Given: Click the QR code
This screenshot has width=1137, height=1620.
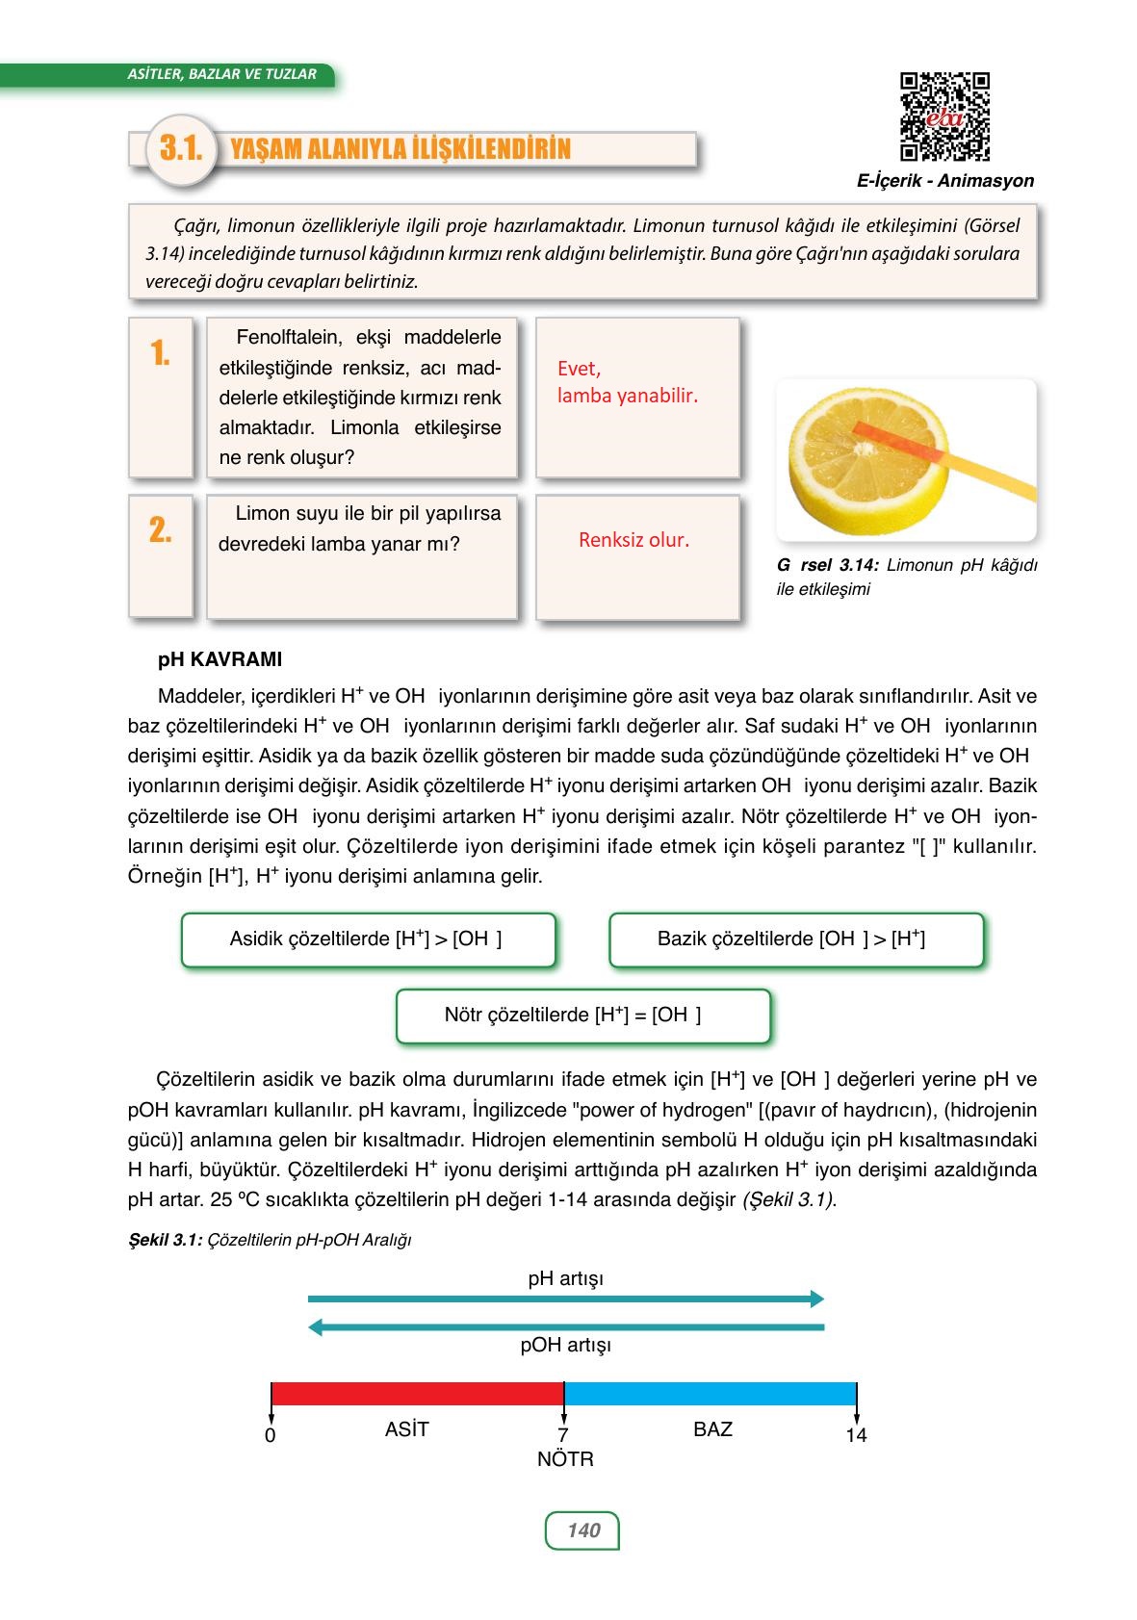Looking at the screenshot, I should pos(944,116).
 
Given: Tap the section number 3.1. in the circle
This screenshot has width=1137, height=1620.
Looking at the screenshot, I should pos(180,149).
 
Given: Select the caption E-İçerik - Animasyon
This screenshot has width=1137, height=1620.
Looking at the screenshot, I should pos(944,181).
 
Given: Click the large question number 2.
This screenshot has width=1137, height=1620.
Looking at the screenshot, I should pos(160,529).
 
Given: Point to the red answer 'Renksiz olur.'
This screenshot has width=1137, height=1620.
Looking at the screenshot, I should pos(633,540).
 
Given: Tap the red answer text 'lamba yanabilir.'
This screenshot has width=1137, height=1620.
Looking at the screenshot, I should pos(627,396).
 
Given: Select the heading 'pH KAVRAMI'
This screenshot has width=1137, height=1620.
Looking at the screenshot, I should pos(220,660).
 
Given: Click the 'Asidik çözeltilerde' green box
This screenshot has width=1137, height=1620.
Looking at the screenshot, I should pos(368,939).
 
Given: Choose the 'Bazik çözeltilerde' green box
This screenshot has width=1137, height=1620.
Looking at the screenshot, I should pos(795,939).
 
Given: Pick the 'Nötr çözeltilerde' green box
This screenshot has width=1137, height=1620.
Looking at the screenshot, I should pos(582,1016).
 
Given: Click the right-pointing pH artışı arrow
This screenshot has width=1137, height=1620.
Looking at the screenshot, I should pos(566,1299).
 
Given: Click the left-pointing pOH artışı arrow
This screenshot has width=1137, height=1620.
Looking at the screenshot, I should pos(566,1327).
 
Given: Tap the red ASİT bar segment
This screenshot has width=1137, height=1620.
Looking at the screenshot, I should pos(417,1394).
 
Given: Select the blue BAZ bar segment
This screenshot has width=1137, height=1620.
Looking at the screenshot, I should pos(710,1394).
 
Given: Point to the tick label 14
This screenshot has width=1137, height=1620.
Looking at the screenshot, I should pos(856,1436).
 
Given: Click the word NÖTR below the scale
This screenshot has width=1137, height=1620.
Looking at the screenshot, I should pos(565,1460).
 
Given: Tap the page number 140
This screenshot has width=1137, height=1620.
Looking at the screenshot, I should pos(582,1530).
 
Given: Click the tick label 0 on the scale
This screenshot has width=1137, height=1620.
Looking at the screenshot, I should pos(271,1436).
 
